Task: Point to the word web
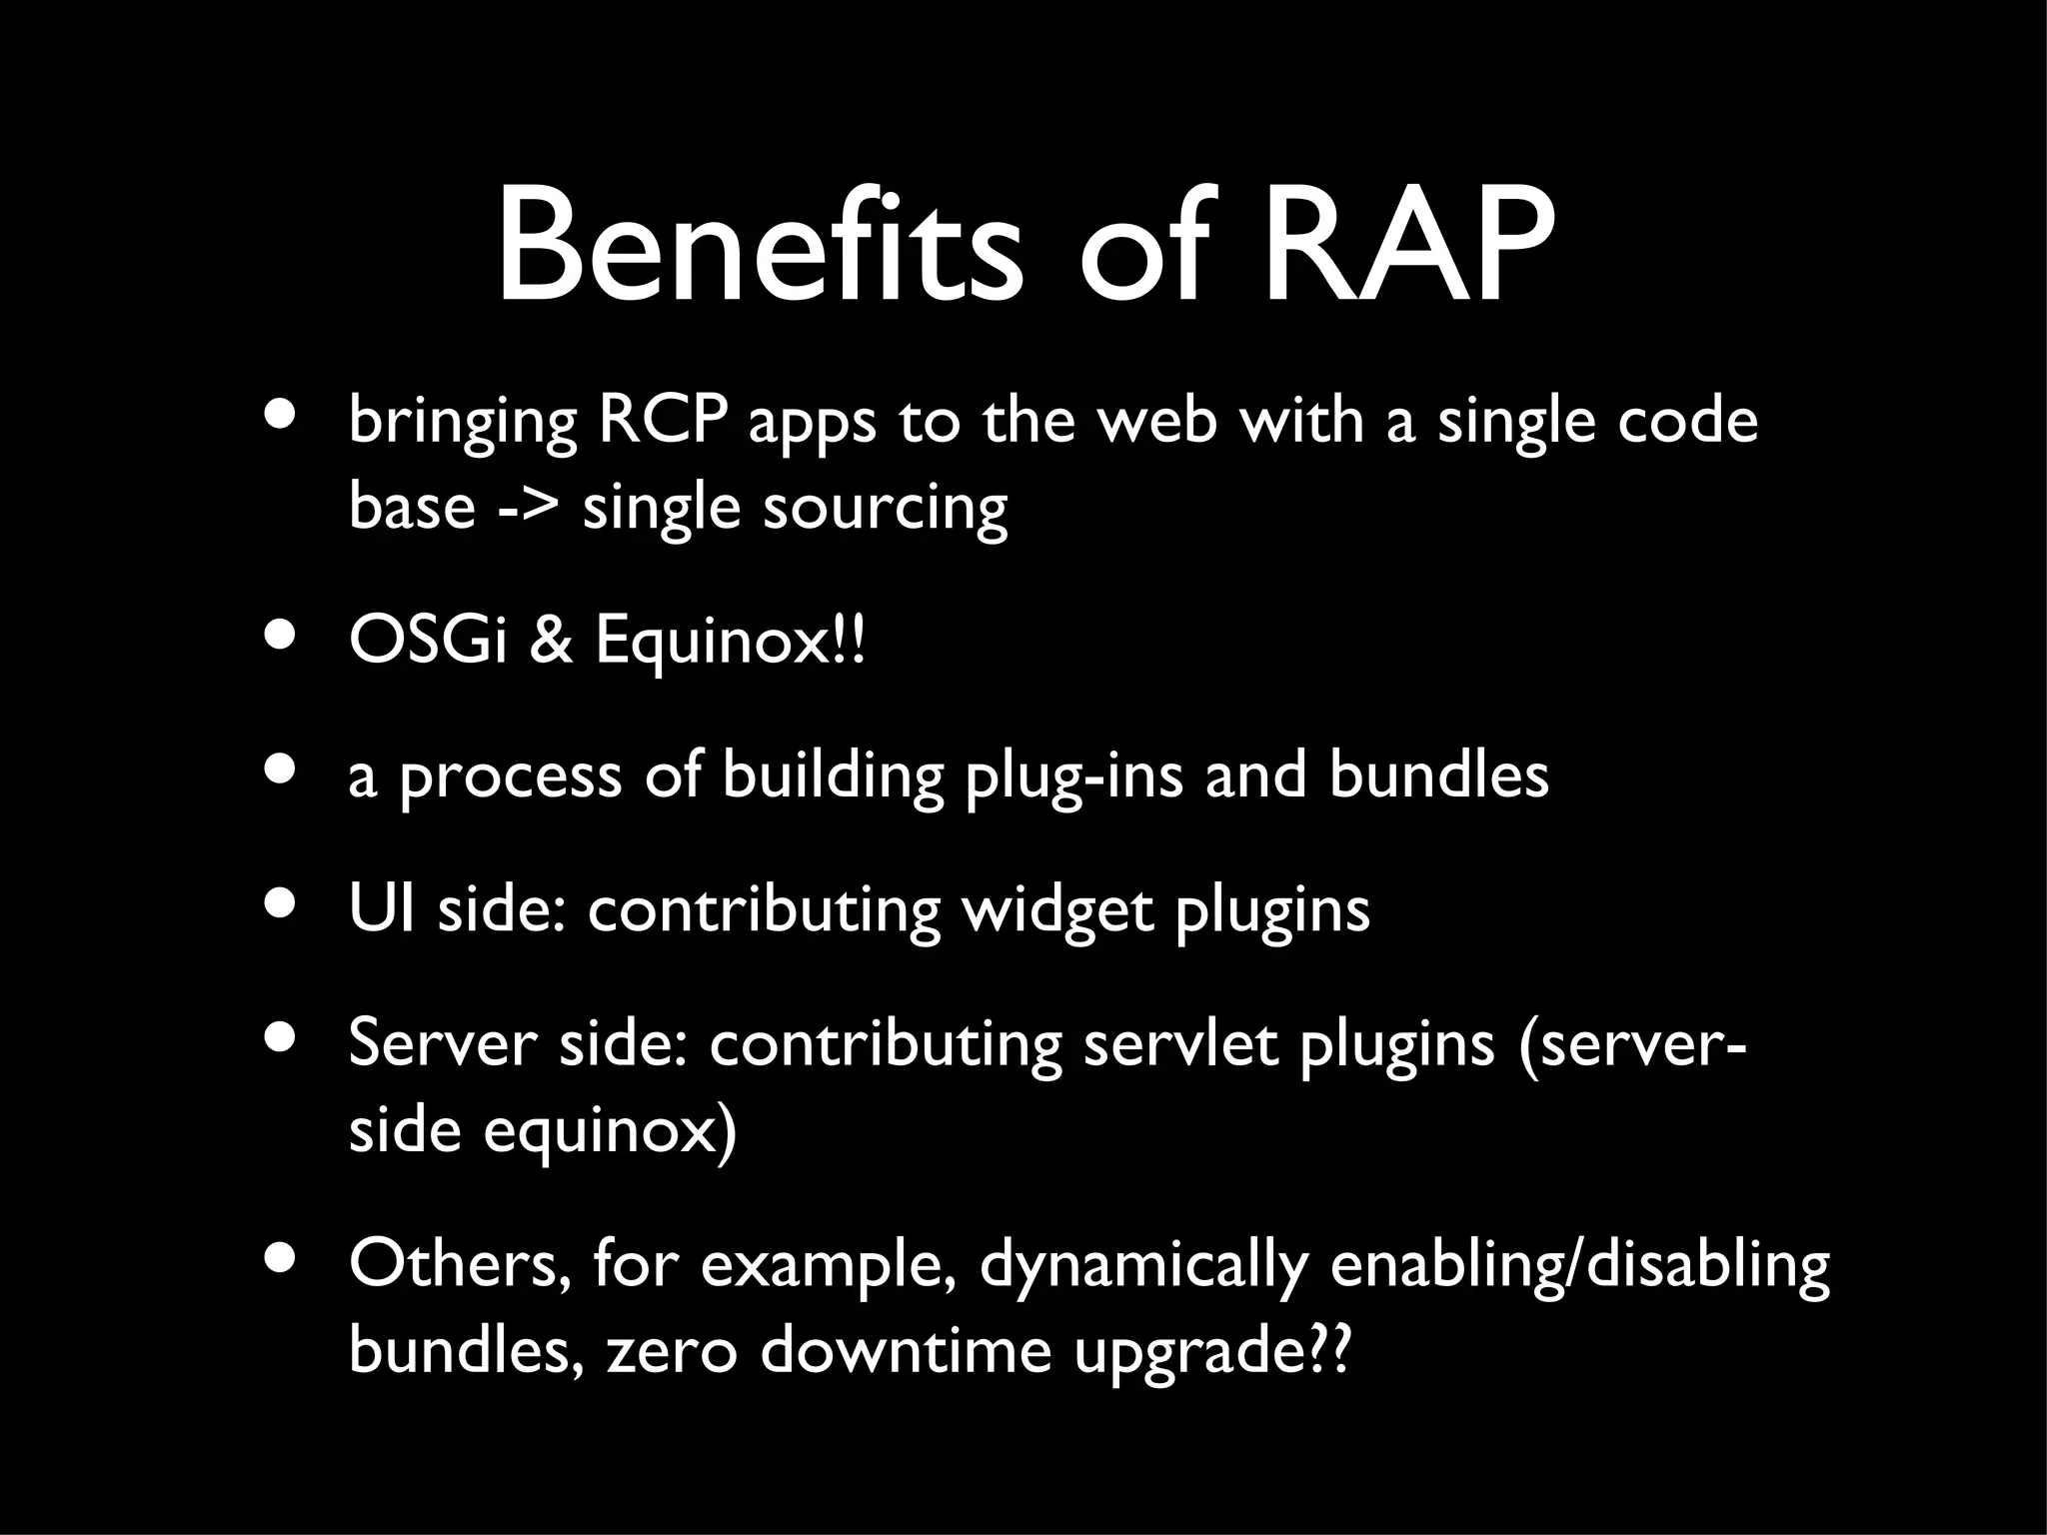pos(1158,421)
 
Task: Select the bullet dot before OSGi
pos(281,639)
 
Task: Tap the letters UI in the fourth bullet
pos(381,909)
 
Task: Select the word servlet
pos(1180,1044)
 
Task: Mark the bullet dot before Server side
pos(281,1038)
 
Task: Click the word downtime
pos(906,1351)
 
